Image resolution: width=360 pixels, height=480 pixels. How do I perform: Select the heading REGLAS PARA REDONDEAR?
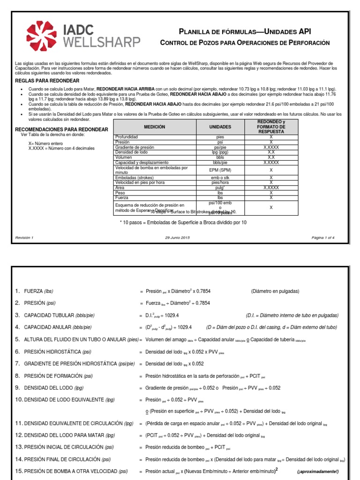coord(42,81)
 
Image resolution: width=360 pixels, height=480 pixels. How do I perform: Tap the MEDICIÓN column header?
coord(157,127)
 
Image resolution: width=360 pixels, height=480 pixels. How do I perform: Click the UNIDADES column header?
coord(220,127)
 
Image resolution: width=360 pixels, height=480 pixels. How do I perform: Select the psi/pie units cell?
coord(220,147)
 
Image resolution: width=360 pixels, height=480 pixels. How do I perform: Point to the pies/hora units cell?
coord(220,182)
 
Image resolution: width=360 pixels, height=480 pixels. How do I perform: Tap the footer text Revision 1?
coord(24,238)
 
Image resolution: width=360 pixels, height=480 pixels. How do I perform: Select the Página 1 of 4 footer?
coord(323,238)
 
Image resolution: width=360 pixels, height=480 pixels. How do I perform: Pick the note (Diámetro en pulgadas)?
coord(275,291)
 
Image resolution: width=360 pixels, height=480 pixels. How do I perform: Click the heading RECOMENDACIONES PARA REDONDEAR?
coord(61,129)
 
